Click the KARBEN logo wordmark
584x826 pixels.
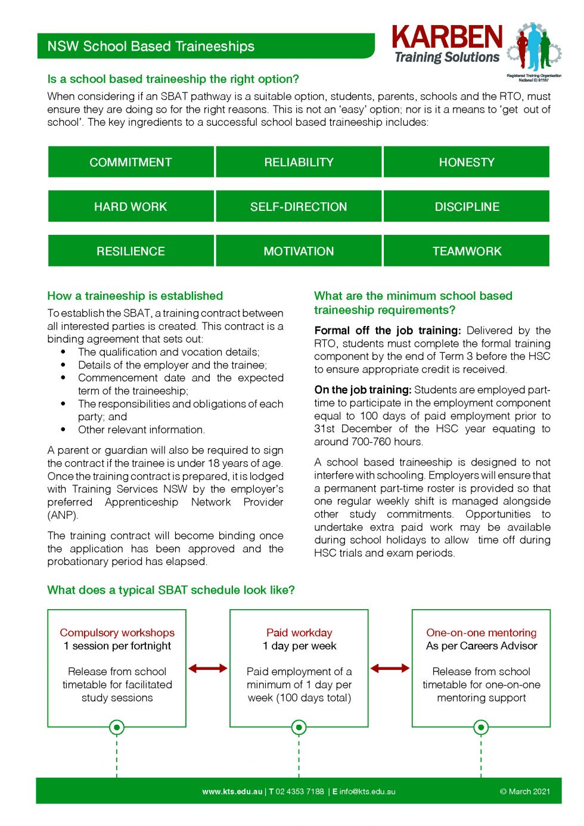447,37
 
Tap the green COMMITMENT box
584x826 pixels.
131,162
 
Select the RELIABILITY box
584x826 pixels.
299,162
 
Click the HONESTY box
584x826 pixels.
467,162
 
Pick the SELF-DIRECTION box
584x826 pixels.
299,207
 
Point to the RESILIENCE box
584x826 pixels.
131,251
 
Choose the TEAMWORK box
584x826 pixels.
467,251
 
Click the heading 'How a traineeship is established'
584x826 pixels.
135,296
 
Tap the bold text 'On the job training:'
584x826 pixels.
363,390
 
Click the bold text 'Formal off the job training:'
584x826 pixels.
387,330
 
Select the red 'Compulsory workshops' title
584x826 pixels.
117,632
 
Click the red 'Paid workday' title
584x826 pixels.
299,632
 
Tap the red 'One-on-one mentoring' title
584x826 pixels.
481,632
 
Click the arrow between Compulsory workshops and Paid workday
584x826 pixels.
208,668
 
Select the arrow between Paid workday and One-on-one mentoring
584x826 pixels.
390,668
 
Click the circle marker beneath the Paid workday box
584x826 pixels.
299,727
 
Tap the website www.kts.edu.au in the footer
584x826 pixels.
232,791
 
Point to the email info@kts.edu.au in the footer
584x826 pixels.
367,791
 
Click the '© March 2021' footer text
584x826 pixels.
524,791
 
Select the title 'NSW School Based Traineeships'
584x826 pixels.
151,46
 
